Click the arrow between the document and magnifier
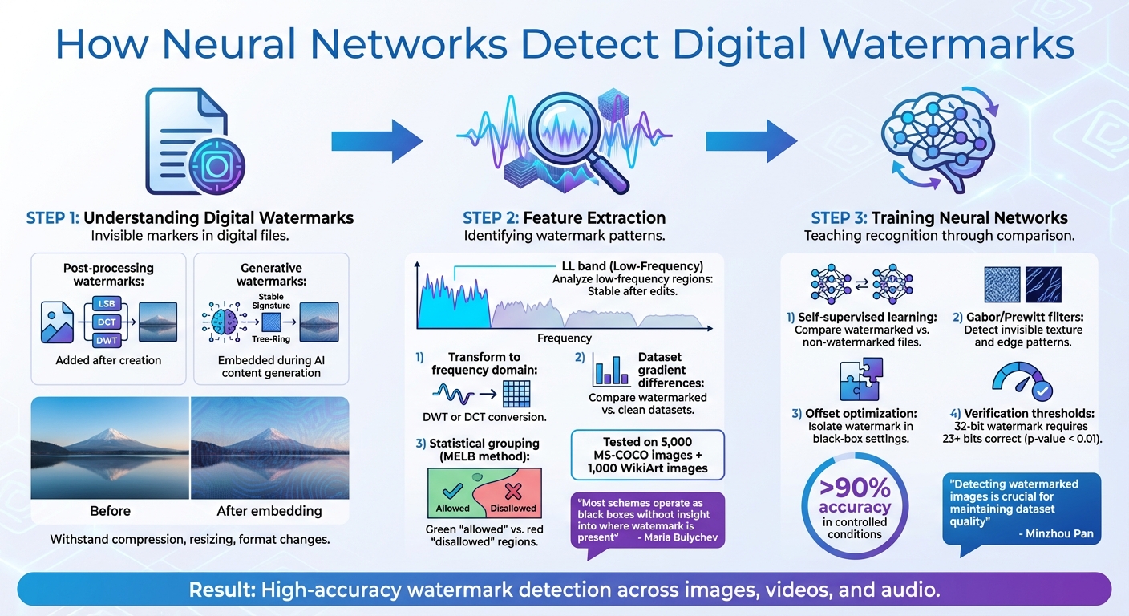coord(377,141)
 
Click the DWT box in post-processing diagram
coord(107,340)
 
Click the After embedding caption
coord(269,511)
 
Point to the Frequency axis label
coord(565,338)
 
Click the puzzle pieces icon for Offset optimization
coord(860,380)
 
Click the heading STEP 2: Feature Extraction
coord(564,217)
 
